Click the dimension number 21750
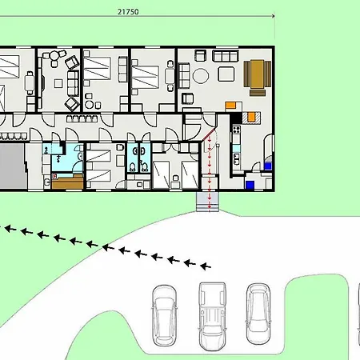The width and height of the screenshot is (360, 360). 128,12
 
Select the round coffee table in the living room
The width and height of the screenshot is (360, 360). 201,76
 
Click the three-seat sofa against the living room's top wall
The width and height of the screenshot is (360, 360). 226,56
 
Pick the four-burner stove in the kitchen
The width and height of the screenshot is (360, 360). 237,130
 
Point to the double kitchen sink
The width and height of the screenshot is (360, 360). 236,159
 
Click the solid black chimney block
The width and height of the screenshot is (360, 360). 236,118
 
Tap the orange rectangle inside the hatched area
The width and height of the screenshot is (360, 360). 251,117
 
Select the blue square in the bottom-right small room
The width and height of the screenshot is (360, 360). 250,185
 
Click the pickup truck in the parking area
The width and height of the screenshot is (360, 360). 213,316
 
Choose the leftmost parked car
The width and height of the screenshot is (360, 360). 164,315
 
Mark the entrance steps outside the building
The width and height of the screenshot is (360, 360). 207,202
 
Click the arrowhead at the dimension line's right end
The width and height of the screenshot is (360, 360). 273,16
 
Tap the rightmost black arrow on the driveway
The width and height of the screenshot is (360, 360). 206,266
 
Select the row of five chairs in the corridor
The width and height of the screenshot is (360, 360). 82,118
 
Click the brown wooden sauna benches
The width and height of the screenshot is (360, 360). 68,181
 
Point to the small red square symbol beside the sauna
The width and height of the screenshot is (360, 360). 54,176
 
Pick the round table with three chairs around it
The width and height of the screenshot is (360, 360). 54,57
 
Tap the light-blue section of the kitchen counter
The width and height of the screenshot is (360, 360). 236,148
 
